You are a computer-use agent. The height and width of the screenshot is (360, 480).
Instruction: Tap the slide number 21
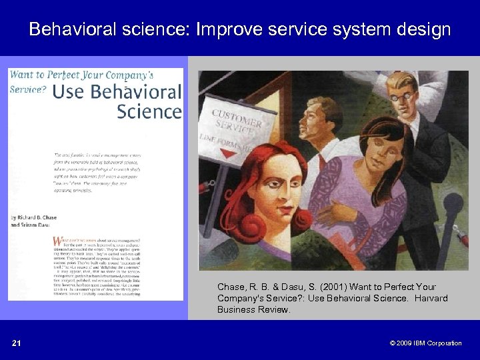pos(16,343)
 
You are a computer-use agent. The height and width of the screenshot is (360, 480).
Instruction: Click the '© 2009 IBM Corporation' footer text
pos(425,343)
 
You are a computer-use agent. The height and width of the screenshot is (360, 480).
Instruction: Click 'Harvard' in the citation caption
pos(430,298)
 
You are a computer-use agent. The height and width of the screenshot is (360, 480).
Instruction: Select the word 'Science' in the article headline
pos(149,111)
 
